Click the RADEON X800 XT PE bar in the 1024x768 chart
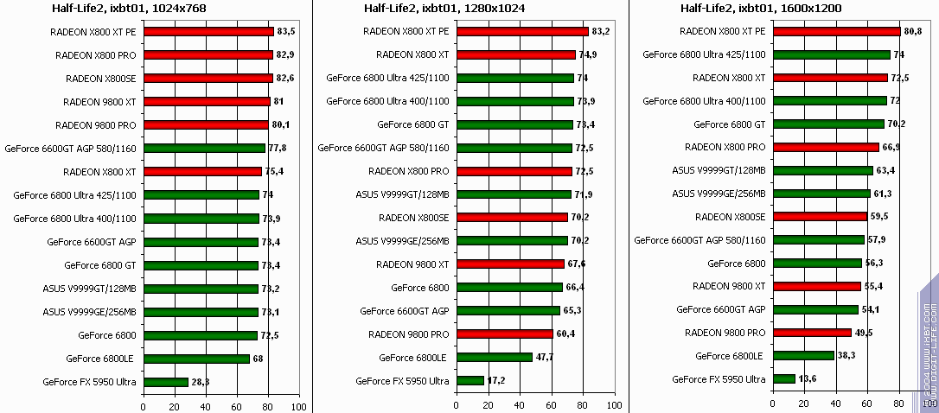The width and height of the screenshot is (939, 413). click(208, 31)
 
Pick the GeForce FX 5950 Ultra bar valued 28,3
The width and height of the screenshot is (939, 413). click(165, 382)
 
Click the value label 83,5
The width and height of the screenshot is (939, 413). click(287, 31)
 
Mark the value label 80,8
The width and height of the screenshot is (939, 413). click(915, 31)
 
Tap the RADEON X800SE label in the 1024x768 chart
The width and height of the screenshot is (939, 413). click(100, 78)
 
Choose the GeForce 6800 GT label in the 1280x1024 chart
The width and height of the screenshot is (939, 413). click(413, 124)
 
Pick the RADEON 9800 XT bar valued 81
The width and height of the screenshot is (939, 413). click(206, 101)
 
